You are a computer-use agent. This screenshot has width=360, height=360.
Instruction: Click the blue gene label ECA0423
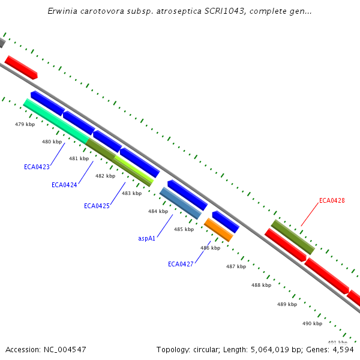[37, 167]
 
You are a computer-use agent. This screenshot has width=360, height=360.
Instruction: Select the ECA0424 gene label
[64, 185]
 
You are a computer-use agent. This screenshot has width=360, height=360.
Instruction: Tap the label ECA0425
[97, 206]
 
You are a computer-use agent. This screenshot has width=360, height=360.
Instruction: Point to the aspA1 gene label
[147, 238]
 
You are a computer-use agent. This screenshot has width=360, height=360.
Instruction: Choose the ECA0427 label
[181, 264]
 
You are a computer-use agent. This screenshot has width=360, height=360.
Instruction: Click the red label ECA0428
[332, 200]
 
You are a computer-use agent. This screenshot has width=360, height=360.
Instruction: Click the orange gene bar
[218, 230]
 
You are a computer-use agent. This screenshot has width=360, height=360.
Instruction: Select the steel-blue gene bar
[181, 203]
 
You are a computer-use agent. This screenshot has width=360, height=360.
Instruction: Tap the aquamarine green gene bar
[56, 121]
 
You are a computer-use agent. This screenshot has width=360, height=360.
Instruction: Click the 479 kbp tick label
[25, 124]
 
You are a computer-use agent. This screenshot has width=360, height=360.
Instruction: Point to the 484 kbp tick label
[158, 211]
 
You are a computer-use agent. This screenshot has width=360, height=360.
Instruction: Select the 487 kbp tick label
[236, 266]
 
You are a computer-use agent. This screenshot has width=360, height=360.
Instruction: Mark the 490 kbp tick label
[312, 323]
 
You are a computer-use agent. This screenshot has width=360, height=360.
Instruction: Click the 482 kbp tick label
[105, 176]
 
